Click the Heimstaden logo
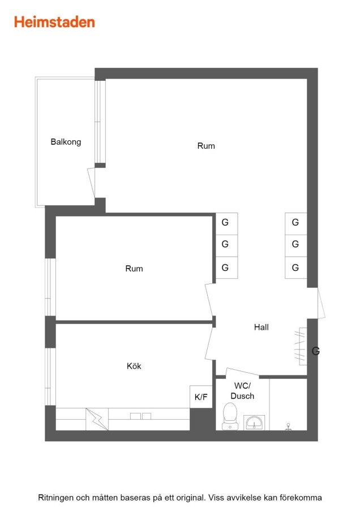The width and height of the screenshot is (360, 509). [x=54, y=22]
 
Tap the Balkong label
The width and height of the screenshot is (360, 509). [x=66, y=142]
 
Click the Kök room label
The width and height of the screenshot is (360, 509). [x=134, y=366]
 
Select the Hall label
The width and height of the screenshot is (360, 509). [x=262, y=327]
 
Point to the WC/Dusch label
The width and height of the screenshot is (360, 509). [x=242, y=391]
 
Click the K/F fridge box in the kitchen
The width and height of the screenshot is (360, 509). [x=201, y=396]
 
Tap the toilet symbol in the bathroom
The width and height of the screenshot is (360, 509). [x=230, y=416]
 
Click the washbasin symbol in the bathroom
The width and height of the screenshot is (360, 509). [x=254, y=422]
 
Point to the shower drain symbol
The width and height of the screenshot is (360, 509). [x=288, y=427]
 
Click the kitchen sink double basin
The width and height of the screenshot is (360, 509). [x=141, y=416]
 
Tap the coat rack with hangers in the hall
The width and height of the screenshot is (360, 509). [x=301, y=346]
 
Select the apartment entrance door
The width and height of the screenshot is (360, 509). [x=321, y=303]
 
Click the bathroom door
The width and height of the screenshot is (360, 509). [x=242, y=373]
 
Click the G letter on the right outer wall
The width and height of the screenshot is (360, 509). [x=316, y=351]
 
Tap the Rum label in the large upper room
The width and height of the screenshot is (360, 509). [x=206, y=146]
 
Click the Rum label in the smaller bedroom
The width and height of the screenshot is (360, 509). [x=134, y=269]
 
